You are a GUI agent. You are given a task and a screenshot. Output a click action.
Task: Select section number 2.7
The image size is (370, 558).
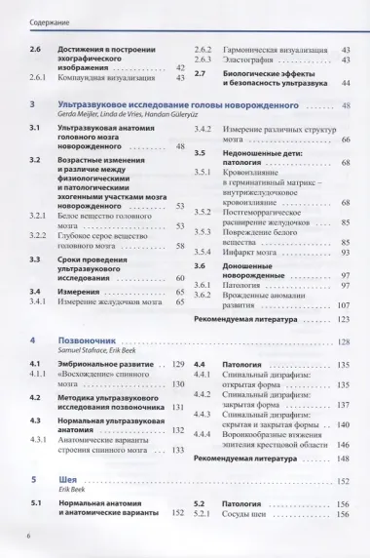point(200,72)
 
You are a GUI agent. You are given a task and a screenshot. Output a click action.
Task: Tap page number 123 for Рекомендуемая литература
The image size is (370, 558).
point(343,319)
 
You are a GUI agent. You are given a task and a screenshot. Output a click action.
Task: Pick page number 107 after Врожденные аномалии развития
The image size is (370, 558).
point(343,304)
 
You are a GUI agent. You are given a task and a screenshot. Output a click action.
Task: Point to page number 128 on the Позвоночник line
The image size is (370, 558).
point(344,341)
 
